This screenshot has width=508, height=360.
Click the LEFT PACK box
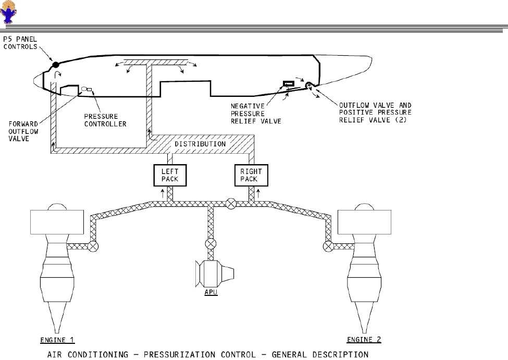click(x=169, y=175)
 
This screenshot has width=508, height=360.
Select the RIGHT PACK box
click(x=251, y=175)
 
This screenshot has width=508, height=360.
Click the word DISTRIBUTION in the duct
click(x=200, y=144)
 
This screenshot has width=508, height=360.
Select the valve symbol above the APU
click(x=210, y=243)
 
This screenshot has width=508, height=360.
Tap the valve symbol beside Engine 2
click(x=328, y=246)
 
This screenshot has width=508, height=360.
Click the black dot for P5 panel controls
click(x=55, y=65)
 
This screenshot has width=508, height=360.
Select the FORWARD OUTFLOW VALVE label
click(x=22, y=131)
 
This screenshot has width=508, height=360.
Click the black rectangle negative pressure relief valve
click(x=288, y=83)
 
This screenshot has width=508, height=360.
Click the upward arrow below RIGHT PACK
click(x=258, y=197)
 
